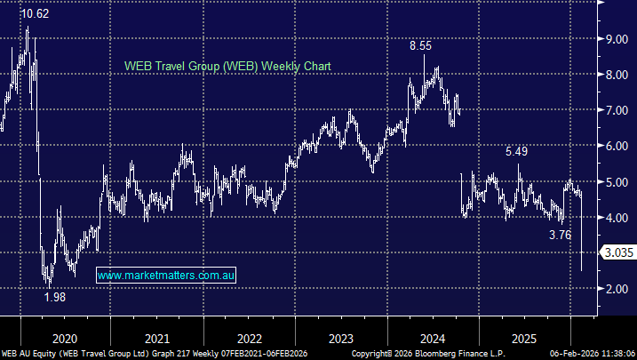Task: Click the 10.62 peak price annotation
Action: (x=35, y=14)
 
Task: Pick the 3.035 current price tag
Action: (x=618, y=252)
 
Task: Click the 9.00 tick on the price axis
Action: (x=617, y=39)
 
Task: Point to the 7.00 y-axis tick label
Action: (x=617, y=110)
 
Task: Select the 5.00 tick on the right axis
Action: (x=617, y=181)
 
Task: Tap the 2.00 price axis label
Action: (x=617, y=288)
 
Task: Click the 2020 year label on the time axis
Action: (x=66, y=338)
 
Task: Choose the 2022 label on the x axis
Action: (x=250, y=338)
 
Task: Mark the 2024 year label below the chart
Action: (x=433, y=338)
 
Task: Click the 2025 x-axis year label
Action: (x=524, y=338)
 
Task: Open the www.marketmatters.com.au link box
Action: (x=166, y=276)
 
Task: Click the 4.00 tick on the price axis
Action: (x=617, y=217)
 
